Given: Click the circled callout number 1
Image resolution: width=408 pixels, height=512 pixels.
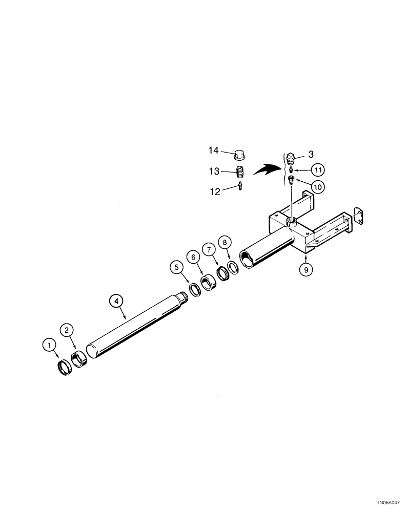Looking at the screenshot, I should click(x=49, y=346).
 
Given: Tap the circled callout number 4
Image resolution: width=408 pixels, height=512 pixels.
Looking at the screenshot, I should click(x=117, y=302).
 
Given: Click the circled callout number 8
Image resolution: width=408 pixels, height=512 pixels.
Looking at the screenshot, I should click(x=224, y=242).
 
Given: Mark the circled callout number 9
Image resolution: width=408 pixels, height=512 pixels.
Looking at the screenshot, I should click(x=305, y=269).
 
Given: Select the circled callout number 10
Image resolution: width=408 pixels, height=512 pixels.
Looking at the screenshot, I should click(x=317, y=187).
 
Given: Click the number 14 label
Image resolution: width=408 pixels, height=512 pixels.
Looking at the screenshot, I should click(x=213, y=151).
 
